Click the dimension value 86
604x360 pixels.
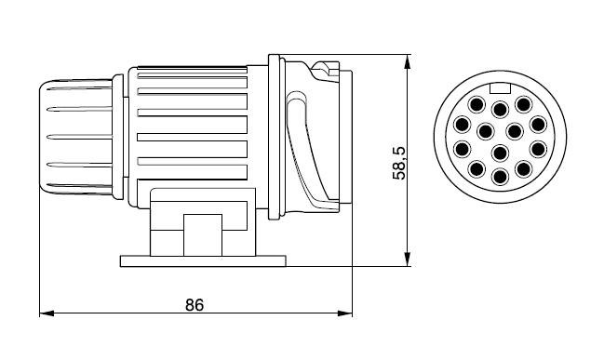pyautogui.click(x=195, y=304)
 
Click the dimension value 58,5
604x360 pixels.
pyautogui.click(x=399, y=163)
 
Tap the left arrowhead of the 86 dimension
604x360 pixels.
pyautogui.click(x=47, y=313)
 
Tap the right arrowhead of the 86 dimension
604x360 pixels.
pyautogui.click(x=345, y=313)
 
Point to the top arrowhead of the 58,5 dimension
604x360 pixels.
pyautogui.click(x=408, y=61)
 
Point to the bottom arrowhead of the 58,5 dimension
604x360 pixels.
pyautogui.click(x=408, y=259)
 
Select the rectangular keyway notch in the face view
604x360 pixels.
pyautogui.click(x=500, y=88)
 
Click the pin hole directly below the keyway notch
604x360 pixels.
pyautogui.click(x=500, y=110)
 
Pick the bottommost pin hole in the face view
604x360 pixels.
pyautogui.click(x=500, y=177)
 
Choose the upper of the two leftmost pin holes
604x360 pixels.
pyautogui.click(x=462, y=125)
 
